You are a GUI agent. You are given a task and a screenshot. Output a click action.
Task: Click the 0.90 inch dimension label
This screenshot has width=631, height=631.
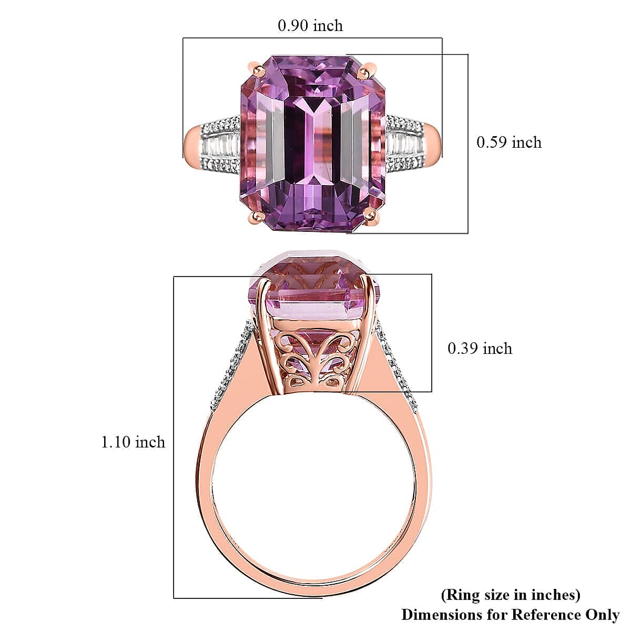coord(310,25)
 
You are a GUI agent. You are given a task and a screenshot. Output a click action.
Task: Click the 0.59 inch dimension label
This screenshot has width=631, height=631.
coord(508,143)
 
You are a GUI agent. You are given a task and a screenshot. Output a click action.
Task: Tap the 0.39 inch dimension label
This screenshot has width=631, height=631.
coord(480,349)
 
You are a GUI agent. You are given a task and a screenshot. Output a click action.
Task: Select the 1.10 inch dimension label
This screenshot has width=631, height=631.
coord(133,442)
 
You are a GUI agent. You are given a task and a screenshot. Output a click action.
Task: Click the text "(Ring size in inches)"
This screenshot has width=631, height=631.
coord(511,595)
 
